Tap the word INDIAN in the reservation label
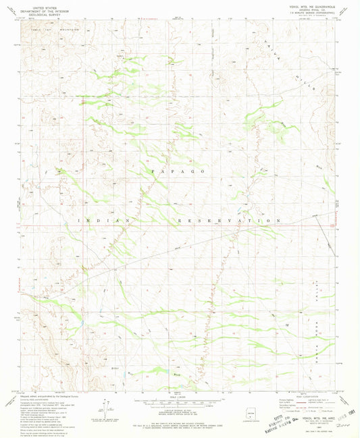tap(100, 221)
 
